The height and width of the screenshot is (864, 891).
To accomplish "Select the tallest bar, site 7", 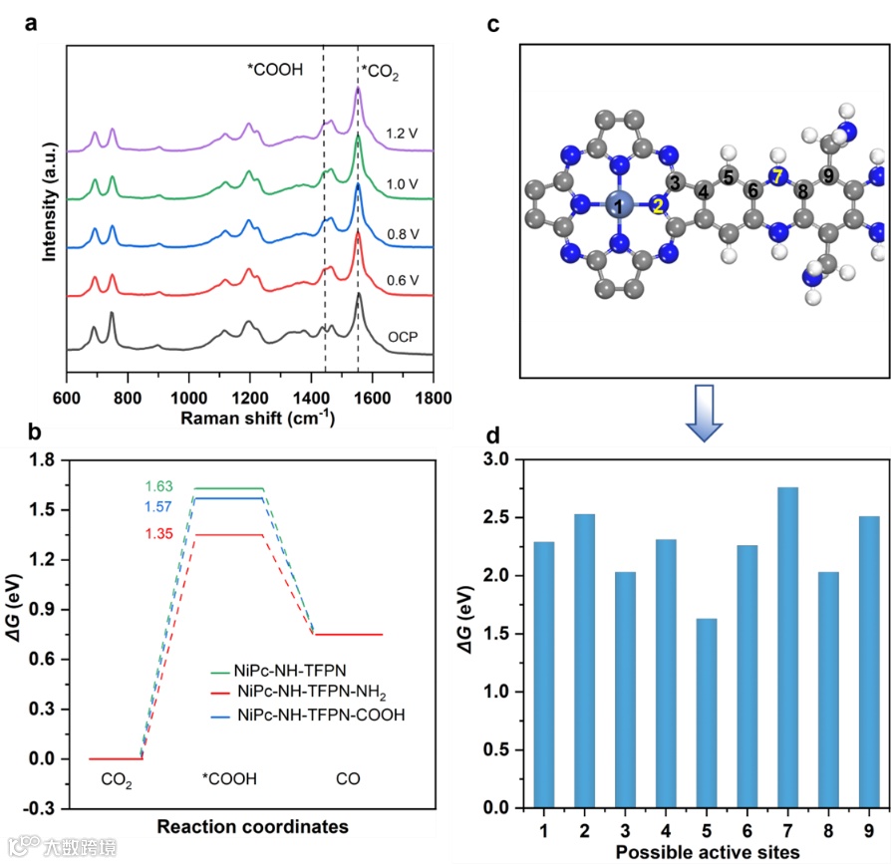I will point(786,648).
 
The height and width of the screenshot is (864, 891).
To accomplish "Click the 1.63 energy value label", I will point(160,487).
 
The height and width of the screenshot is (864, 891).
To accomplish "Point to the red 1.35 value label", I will point(160,534).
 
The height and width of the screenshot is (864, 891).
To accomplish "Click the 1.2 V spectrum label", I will point(404,132).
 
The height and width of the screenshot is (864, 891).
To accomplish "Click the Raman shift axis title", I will point(258,419).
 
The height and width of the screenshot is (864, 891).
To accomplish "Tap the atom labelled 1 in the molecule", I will point(618,206).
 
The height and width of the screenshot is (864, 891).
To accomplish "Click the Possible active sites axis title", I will point(708,853).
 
